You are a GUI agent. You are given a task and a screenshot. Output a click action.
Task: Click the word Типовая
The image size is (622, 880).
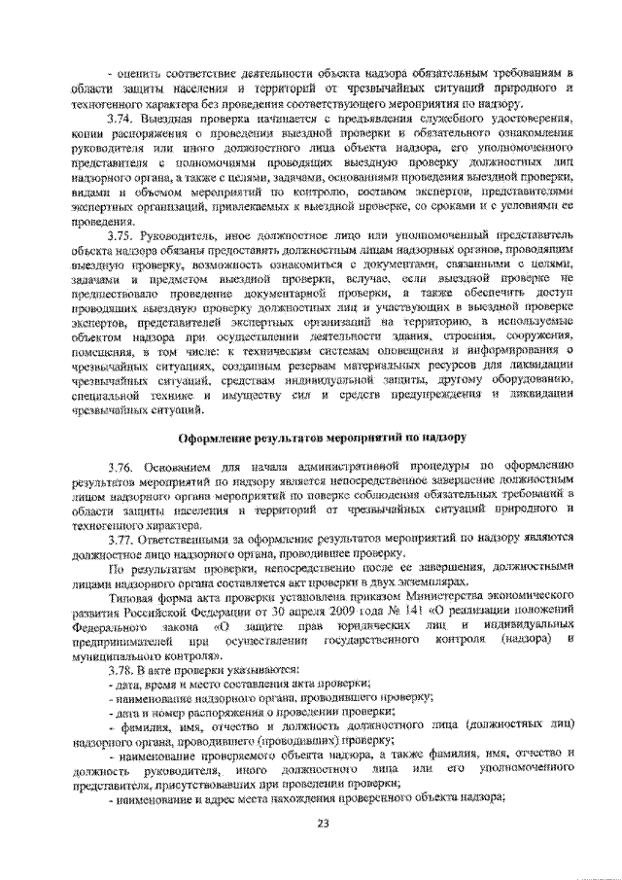[x=134, y=596]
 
